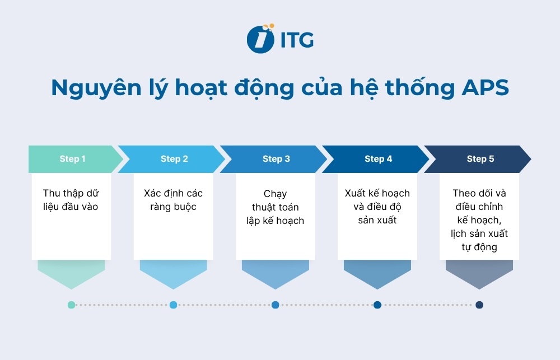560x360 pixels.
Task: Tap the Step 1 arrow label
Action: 72,159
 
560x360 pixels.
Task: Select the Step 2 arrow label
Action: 174,159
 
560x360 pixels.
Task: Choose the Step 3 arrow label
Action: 276,159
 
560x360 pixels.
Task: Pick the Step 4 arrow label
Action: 378,159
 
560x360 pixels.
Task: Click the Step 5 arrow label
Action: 480,159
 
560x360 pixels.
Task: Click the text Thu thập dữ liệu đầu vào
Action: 71,200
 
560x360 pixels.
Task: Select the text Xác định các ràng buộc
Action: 173,200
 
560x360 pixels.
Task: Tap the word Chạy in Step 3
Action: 275,194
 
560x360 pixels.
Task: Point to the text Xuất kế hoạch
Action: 377,193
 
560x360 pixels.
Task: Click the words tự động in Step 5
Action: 479,247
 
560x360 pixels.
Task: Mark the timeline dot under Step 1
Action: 71,305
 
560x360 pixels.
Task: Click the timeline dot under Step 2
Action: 173,305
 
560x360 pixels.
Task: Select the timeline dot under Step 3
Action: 275,305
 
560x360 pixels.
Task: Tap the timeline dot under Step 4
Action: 377,305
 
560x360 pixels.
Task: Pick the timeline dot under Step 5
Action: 479,305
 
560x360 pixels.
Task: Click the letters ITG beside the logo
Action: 296,40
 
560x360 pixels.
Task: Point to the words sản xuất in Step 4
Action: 377,220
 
